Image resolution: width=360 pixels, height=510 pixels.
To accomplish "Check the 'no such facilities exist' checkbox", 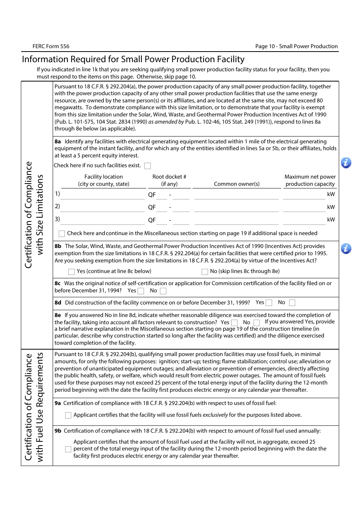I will (x=148, y=166).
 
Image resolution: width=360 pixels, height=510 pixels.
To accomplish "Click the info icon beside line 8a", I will (x=346, y=163).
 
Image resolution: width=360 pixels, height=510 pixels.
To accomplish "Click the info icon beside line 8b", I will (x=346, y=249).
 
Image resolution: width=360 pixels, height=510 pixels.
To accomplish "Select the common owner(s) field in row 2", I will (x=236, y=207).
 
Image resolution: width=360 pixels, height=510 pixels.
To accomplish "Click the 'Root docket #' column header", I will (x=169, y=180).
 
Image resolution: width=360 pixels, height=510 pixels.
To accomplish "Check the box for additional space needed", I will (x=62, y=234).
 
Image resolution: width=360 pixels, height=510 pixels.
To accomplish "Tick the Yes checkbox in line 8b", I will (x=71, y=271).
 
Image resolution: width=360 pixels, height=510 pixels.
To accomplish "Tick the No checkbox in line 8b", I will (x=205, y=271).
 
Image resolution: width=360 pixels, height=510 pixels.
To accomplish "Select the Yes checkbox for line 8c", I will (x=141, y=291).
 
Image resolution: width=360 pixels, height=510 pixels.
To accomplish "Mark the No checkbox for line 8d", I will (x=292, y=303).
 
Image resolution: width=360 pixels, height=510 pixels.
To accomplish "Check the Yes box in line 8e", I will (x=234, y=323).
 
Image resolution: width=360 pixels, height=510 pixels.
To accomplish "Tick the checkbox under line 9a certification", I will (x=68, y=415).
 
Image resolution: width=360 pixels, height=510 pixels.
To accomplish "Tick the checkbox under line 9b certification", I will (x=68, y=449).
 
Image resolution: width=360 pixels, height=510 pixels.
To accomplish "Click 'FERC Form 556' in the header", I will (x=51, y=46).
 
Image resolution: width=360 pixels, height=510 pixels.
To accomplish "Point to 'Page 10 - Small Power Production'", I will (x=296, y=46).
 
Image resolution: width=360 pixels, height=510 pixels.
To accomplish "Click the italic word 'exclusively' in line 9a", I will (x=215, y=415).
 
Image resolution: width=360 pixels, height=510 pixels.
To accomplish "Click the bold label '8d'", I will (x=58, y=303).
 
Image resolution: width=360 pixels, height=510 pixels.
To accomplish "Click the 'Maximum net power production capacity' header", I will (x=310, y=180).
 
